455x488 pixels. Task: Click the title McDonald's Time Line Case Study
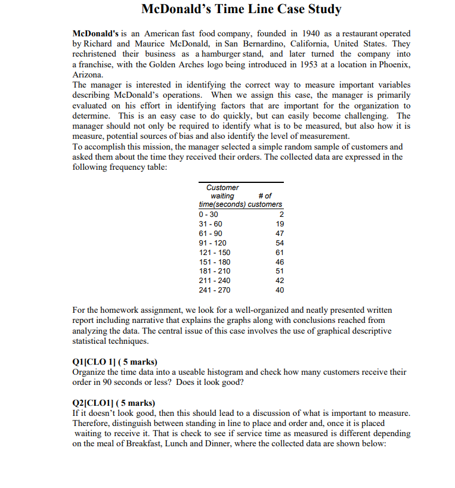coord(241,10)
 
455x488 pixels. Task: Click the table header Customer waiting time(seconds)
coord(222,196)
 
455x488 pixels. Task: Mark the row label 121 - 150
coord(212,253)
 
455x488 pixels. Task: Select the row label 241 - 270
coord(212,290)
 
